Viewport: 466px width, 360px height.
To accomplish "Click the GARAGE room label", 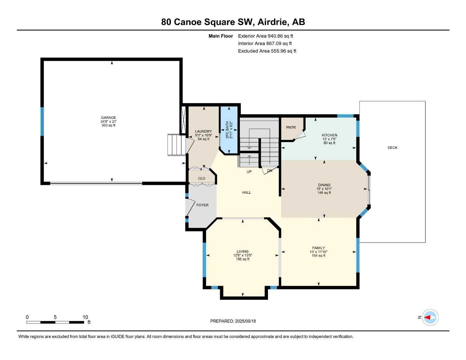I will (108, 118).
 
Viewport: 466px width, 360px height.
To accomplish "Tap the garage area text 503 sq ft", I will (108, 126).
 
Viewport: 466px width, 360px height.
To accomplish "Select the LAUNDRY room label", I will (203, 131).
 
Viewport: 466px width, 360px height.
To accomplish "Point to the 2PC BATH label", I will (227, 130).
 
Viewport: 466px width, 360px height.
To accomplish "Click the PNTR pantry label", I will (291, 128).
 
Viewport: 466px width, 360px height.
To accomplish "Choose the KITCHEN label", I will (329, 135).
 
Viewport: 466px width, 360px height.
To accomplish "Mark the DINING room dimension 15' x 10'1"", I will (324, 189).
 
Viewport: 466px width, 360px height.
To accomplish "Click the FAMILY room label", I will (318, 248).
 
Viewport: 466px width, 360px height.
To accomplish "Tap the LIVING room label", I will (242, 252).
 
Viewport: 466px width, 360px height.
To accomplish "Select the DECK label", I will (392, 148).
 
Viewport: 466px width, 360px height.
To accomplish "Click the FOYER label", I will (202, 205).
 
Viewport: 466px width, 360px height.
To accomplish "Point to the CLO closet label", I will (202, 179).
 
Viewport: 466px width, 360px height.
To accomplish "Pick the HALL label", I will (247, 193).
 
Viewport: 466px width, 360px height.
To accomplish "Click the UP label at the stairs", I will (249, 172).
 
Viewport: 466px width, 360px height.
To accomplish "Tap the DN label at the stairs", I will (270, 171).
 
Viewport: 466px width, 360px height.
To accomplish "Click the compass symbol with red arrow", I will (430, 317).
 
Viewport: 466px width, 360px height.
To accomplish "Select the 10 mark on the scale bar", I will (85, 317).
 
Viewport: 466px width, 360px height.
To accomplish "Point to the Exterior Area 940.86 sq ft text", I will (266, 36).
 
